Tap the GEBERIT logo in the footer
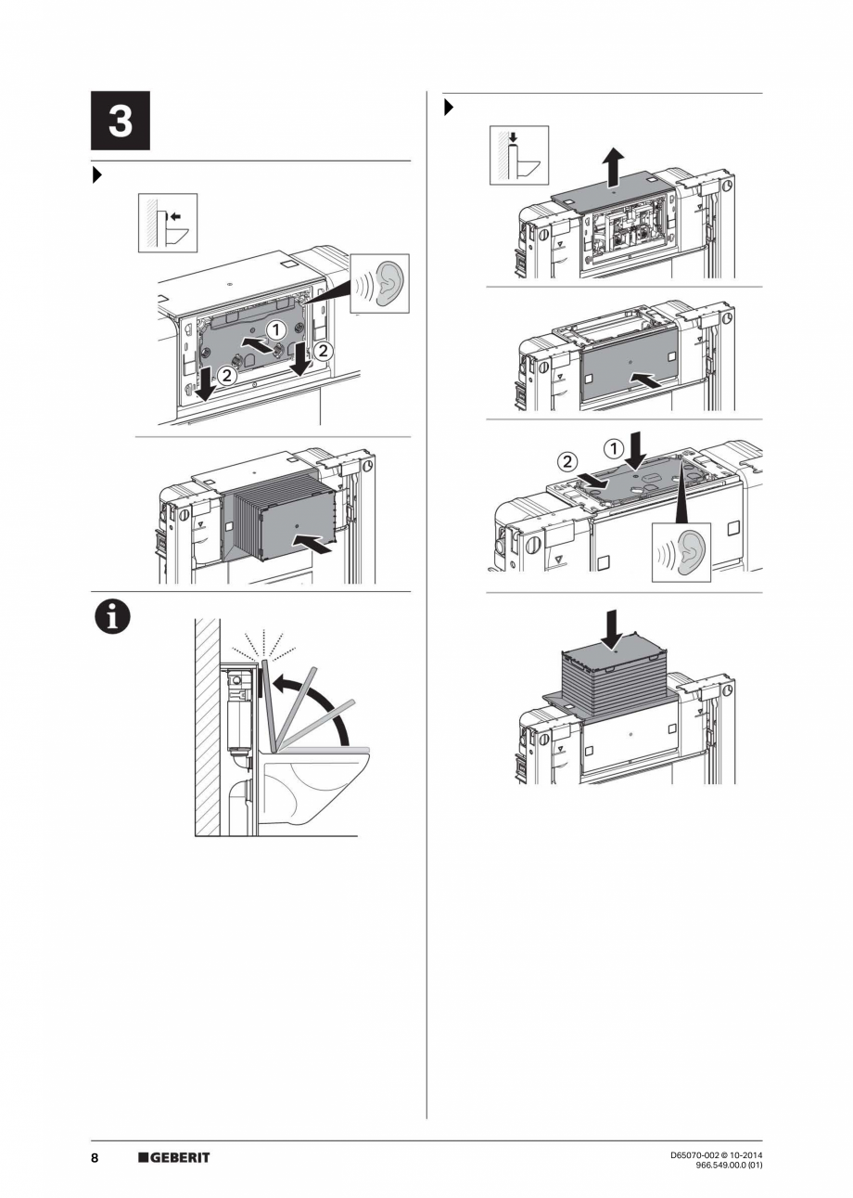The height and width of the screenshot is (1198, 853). click(174, 1157)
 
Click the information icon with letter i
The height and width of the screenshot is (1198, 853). click(111, 616)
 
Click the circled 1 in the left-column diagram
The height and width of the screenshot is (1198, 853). click(275, 328)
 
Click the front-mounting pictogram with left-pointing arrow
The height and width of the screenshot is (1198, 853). click(168, 223)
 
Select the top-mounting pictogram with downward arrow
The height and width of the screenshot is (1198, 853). click(518, 155)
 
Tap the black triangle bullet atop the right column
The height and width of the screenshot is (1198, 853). click(449, 108)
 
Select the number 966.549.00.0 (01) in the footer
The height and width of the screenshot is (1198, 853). click(728, 1166)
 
